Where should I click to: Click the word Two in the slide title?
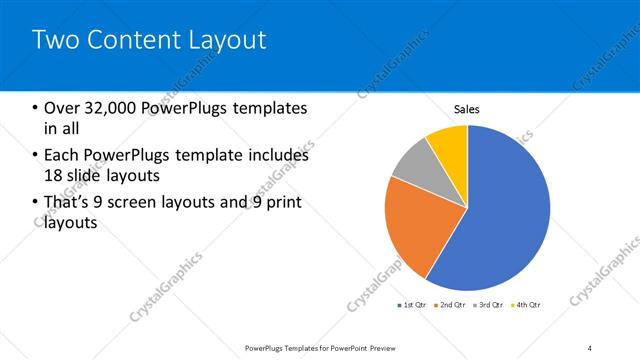[x=54, y=40]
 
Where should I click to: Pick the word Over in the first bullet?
[x=60, y=108]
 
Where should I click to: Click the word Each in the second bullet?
[x=61, y=155]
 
